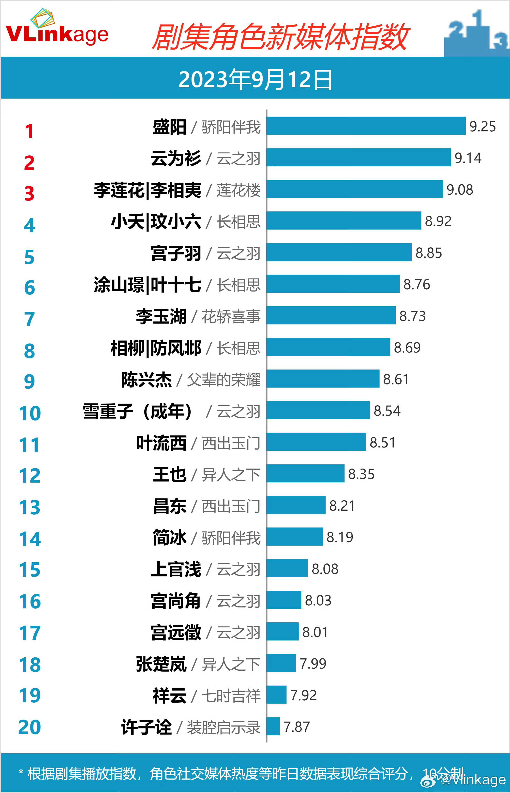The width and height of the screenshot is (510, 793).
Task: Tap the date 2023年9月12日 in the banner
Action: pos(255,80)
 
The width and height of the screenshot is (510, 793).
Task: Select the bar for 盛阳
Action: pos(366,126)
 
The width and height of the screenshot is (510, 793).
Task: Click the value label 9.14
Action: pos(468,158)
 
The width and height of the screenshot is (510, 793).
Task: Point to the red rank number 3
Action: pos(29,194)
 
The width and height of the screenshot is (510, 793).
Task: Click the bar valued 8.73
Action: pos(331,315)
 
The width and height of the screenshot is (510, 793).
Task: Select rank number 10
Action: pos(30,413)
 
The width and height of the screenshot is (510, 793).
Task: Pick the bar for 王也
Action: pos(305,474)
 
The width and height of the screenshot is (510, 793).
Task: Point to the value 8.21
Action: pos(342,505)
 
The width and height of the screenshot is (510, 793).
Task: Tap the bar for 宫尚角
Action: pos(284,600)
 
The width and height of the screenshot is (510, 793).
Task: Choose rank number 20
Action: pos(30,727)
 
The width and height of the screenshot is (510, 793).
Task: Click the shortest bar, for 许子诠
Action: pos(273,726)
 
